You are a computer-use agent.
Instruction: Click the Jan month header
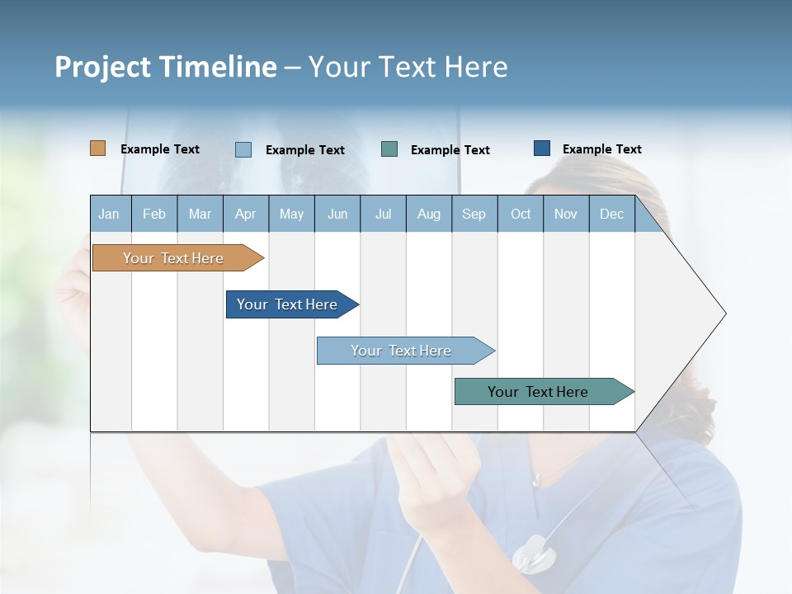(x=109, y=214)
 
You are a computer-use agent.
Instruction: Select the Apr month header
(x=245, y=214)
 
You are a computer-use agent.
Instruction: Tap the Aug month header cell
(x=428, y=214)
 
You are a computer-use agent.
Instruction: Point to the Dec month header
(x=611, y=214)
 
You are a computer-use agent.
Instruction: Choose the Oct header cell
(x=521, y=214)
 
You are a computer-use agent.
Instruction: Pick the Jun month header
(x=337, y=214)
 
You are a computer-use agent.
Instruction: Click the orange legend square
(x=97, y=148)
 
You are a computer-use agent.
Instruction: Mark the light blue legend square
(x=243, y=149)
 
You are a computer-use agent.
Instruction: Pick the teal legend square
(x=389, y=149)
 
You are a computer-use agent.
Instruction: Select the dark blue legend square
(x=541, y=148)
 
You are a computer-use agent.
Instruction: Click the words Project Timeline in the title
(x=165, y=67)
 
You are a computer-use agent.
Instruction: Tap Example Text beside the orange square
(x=160, y=149)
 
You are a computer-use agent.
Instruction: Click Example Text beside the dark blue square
(x=601, y=149)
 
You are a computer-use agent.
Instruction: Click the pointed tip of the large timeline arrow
(x=724, y=313)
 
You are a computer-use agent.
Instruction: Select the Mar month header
(x=200, y=214)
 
